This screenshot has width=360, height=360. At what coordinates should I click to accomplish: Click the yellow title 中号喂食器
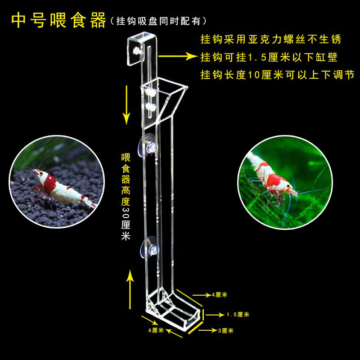point(57,20)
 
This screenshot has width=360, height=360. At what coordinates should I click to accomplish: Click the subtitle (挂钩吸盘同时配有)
point(157,21)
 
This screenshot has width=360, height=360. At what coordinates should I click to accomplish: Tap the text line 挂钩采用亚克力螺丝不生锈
point(270,39)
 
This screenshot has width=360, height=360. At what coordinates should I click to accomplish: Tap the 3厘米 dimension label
point(225,331)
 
